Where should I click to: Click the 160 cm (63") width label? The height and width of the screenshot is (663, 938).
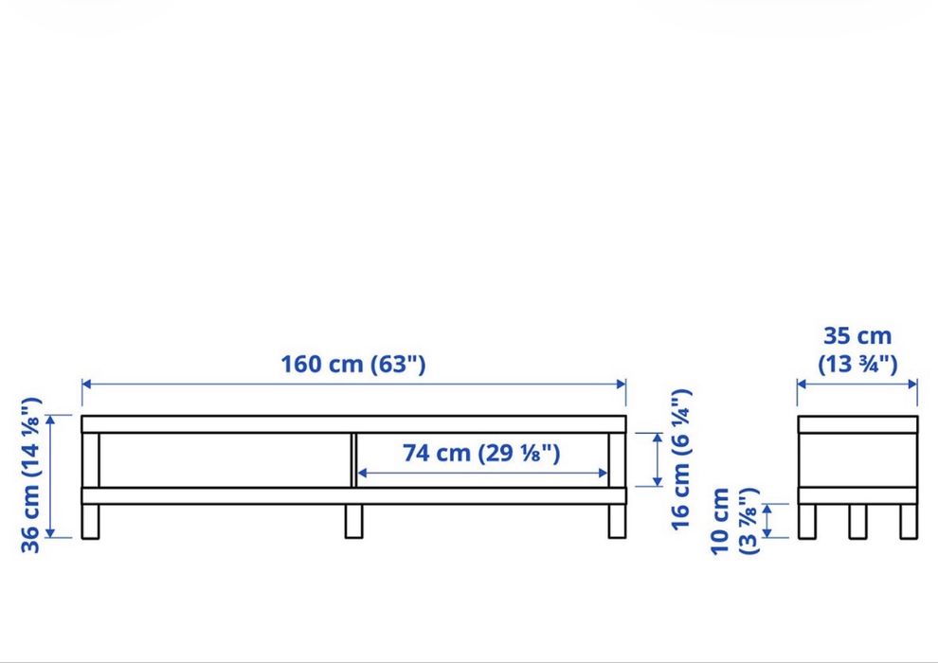pyautogui.click(x=353, y=364)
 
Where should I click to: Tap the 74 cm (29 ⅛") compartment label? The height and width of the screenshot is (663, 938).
pyautogui.click(x=481, y=453)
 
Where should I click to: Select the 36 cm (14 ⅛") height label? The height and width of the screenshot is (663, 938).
pyautogui.click(x=30, y=475)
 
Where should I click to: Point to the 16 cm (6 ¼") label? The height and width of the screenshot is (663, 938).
pyautogui.click(x=681, y=459)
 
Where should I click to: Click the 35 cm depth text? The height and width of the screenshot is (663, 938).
pyautogui.click(x=857, y=336)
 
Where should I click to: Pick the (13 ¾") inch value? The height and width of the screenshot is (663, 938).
pyautogui.click(x=857, y=364)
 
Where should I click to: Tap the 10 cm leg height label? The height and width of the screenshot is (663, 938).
pyautogui.click(x=720, y=521)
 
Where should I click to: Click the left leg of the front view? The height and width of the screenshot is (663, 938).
pyautogui.click(x=90, y=521)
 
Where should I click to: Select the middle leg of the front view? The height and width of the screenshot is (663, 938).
pyautogui.click(x=353, y=521)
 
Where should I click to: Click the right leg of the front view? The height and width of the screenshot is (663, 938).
pyautogui.click(x=618, y=521)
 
